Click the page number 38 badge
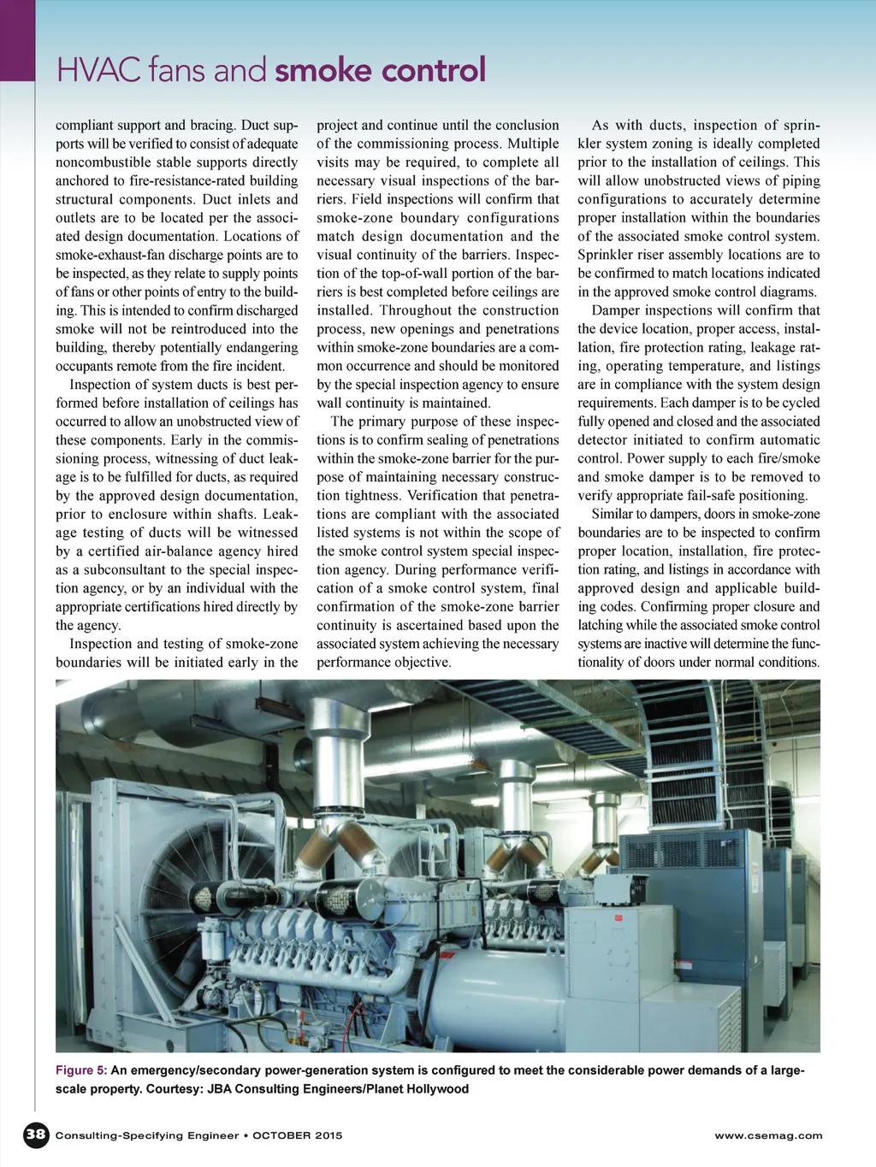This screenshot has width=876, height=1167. (x=35, y=1135)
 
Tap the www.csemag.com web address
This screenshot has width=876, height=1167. (x=768, y=1135)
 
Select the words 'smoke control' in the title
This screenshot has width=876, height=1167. (x=381, y=70)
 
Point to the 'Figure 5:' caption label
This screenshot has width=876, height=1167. (x=81, y=1070)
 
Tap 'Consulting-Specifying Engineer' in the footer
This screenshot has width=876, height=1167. (x=147, y=1135)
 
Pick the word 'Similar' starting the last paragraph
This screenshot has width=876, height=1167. (x=615, y=514)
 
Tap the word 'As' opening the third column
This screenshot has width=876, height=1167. (x=601, y=125)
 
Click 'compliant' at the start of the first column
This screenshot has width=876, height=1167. (x=82, y=125)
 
